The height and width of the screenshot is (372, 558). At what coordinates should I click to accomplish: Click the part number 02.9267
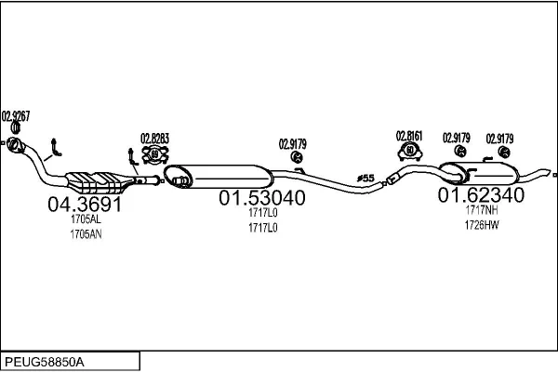[x=16, y=115]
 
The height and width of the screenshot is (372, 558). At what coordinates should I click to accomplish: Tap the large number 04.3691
[x=85, y=204]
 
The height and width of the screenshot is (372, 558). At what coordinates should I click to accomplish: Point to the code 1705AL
[x=85, y=219]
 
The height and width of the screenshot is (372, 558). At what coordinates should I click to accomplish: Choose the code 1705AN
[x=85, y=234]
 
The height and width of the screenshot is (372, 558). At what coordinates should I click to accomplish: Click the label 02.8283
[x=154, y=139]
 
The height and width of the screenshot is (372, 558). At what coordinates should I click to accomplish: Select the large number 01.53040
[x=261, y=199]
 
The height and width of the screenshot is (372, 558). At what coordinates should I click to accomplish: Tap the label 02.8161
[x=409, y=136]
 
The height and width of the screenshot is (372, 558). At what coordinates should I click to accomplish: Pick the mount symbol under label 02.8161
[x=409, y=151]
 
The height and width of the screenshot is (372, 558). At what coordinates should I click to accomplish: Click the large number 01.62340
[x=481, y=195]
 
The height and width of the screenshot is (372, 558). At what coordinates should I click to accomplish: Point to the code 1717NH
[x=482, y=212]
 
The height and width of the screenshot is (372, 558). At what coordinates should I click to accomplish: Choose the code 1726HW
[x=482, y=226]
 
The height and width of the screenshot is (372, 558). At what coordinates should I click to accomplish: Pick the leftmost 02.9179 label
[x=292, y=143]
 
